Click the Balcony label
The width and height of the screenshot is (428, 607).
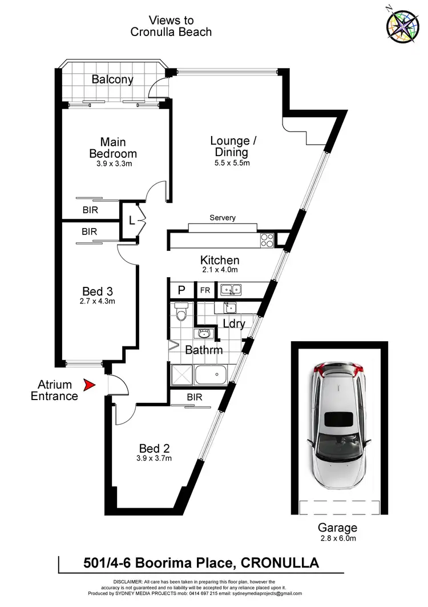click(x=112, y=79)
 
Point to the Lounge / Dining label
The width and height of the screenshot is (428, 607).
click(x=230, y=146)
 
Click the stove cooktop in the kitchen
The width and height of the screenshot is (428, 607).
click(x=267, y=240)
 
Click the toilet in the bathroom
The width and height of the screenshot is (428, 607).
click(x=182, y=313)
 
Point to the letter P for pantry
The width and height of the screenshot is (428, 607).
click(x=181, y=290)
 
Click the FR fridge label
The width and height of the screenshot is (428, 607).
click(x=204, y=290)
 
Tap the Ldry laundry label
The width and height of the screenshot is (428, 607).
click(x=233, y=324)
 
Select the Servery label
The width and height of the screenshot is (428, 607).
click(x=222, y=218)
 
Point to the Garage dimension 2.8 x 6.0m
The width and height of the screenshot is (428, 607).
click(x=338, y=538)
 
